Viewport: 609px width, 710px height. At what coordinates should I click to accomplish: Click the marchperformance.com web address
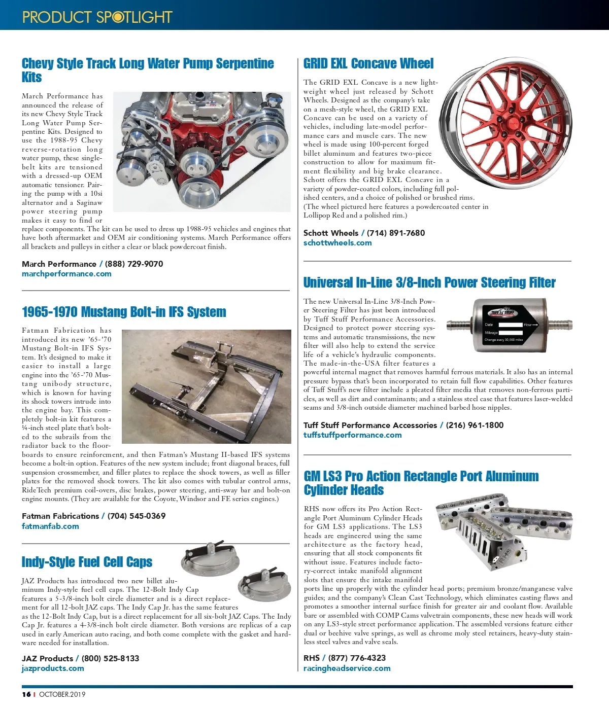[x=66, y=274]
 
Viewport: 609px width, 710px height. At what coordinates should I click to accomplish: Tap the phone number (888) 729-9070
[x=134, y=264]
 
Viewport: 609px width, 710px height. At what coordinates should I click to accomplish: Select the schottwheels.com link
[x=337, y=243]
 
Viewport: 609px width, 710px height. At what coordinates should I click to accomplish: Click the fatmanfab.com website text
[x=50, y=526]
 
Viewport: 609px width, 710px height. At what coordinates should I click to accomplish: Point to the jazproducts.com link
[x=53, y=668]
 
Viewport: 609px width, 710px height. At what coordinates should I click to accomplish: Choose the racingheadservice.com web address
[x=347, y=668]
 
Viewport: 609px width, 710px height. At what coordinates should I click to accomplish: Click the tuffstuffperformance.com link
[x=353, y=435]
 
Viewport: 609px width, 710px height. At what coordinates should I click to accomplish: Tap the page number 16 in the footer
[x=26, y=694]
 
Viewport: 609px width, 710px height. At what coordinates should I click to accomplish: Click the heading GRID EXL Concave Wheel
[x=368, y=64]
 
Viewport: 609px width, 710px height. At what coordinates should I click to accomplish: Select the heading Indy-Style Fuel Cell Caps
[x=87, y=562]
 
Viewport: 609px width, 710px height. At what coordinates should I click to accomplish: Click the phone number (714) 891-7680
[x=396, y=233]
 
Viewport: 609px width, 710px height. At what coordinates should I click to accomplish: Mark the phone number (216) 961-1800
[x=475, y=425]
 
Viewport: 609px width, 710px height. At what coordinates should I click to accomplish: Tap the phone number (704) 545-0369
[x=137, y=516]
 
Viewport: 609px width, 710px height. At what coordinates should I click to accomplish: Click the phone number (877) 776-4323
[x=357, y=658]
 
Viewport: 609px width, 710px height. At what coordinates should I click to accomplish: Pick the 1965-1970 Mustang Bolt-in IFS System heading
[x=124, y=312]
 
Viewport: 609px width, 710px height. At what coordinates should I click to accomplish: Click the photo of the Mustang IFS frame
[x=206, y=386]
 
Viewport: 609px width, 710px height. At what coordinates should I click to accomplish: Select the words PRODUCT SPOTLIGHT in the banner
[x=97, y=17]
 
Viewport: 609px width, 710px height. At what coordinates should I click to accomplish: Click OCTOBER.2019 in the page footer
[x=62, y=694]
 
